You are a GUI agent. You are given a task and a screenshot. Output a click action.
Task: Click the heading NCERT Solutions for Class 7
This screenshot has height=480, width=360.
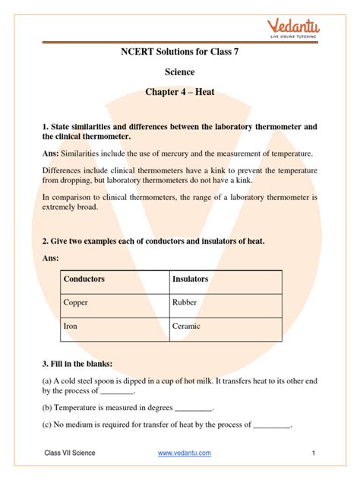pos(180,53)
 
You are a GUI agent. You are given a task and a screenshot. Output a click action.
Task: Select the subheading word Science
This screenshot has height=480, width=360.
pos(180,72)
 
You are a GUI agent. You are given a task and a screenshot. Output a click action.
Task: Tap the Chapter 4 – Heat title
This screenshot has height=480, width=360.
pos(180,93)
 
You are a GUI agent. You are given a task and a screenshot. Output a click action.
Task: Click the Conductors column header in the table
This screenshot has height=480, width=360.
pos(85,279)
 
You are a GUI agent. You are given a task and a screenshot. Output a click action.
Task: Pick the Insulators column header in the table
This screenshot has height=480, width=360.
pos(191,279)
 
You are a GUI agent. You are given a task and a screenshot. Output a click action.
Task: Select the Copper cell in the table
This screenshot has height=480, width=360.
pos(77,302)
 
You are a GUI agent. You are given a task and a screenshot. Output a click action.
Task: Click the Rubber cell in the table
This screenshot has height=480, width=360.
pos(185,302)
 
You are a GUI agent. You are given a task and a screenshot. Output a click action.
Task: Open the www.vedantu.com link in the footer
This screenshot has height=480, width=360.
pos(185,453)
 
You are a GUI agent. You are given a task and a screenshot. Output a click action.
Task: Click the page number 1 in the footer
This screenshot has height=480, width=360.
pos(313,453)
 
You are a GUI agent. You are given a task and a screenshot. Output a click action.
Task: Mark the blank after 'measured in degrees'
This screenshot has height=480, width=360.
pos(194,408)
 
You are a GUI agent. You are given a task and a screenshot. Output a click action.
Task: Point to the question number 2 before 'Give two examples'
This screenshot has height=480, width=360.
pos(45,241)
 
